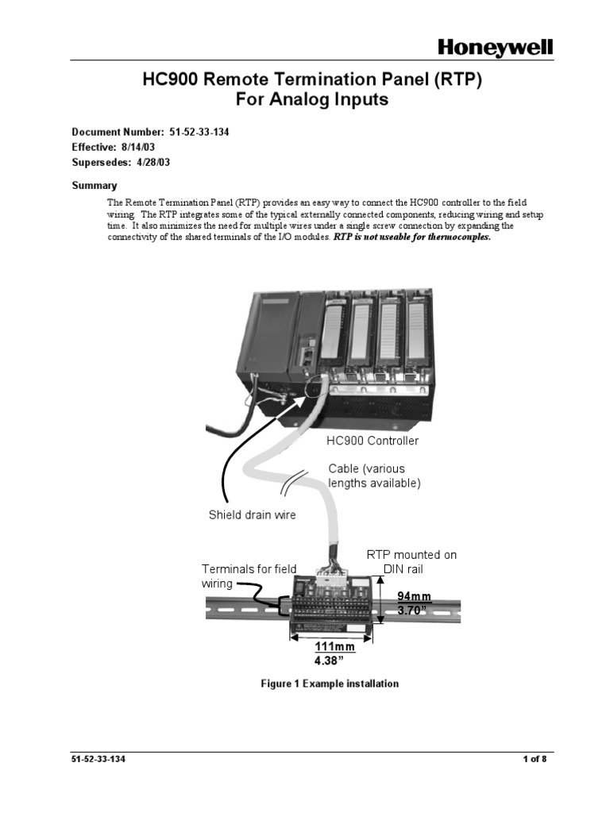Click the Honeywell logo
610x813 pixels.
click(496, 49)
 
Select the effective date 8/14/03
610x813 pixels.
click(141, 147)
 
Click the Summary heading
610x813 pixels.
click(95, 185)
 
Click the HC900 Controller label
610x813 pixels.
click(373, 440)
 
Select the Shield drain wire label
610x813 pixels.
click(252, 514)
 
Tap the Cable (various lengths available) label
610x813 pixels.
click(374, 476)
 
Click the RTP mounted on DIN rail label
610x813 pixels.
click(411, 561)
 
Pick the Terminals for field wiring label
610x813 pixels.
click(248, 576)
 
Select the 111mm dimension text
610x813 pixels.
click(334, 646)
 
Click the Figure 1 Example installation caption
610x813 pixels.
click(330, 684)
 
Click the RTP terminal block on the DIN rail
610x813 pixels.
click(334, 606)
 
